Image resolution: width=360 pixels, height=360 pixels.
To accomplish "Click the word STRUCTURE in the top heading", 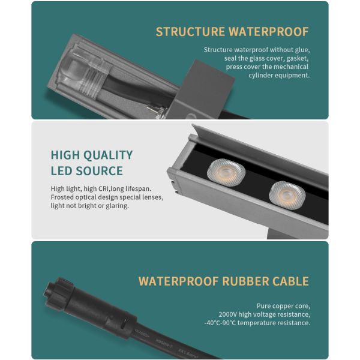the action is tap(190, 32).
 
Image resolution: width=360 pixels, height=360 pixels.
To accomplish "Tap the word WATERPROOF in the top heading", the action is tap(269, 32).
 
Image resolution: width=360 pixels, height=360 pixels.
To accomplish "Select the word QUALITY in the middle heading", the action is tap(108, 155).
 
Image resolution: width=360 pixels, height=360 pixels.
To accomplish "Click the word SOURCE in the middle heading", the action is tap(100, 171).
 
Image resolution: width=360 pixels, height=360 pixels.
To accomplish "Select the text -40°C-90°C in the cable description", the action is tap(220, 323).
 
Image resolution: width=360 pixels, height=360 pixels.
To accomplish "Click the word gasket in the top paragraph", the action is tap(298, 59).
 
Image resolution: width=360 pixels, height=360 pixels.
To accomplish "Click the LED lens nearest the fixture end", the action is tap(226, 172).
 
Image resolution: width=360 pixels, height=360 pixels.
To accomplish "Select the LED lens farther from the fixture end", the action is tap(287, 195).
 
